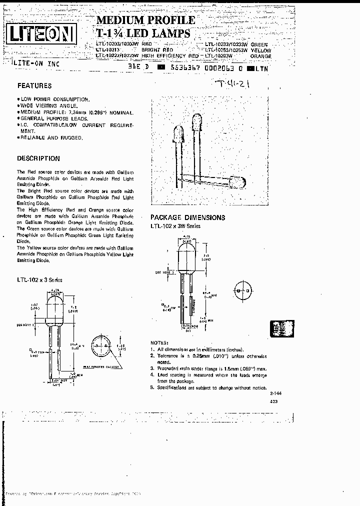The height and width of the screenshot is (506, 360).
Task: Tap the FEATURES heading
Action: (x=34, y=85)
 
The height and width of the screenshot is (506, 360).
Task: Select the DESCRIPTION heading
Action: (x=38, y=158)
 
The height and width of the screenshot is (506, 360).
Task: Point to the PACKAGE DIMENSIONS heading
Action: (x=188, y=217)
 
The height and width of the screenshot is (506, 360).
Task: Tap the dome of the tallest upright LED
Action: (x=197, y=120)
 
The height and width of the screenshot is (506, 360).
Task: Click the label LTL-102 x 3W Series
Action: (x=175, y=226)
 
